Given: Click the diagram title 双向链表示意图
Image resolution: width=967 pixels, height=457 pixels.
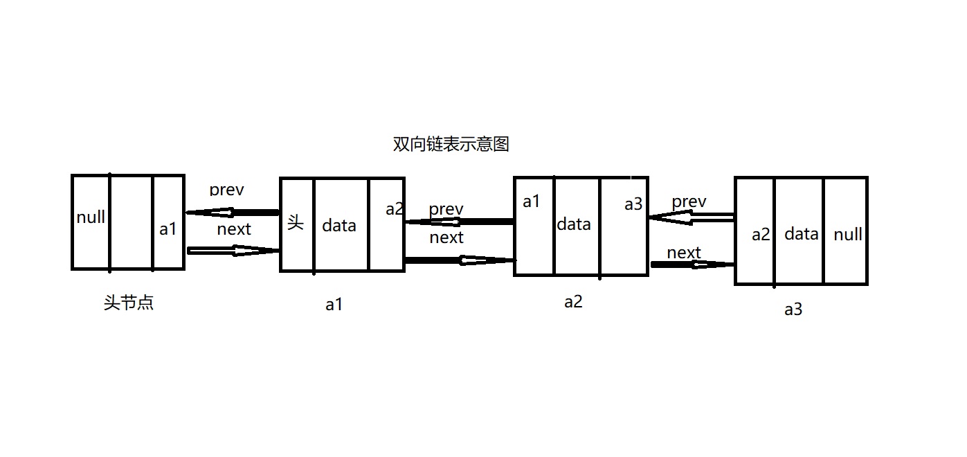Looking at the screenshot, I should [x=451, y=145].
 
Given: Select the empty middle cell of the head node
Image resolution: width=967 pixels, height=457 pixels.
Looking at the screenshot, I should [x=131, y=222].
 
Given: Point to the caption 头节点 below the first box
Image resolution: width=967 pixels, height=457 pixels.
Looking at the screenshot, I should [x=129, y=303].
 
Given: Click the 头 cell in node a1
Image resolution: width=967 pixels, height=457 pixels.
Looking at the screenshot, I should [x=296, y=224].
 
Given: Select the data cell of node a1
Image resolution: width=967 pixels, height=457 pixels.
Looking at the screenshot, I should [x=339, y=225].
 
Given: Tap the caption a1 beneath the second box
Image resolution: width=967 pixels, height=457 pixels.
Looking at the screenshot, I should [x=334, y=305].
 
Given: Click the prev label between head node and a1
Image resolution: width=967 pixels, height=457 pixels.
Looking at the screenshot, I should [x=227, y=190].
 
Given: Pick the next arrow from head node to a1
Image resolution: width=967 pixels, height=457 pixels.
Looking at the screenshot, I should [x=233, y=251].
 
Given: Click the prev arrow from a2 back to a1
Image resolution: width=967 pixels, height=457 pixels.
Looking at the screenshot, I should [x=459, y=222].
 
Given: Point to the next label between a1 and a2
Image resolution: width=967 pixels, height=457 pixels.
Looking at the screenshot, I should [x=446, y=238].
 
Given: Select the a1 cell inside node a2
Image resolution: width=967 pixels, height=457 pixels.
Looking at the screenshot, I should [x=532, y=201].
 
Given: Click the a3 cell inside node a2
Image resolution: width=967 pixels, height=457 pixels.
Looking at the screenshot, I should [x=633, y=204].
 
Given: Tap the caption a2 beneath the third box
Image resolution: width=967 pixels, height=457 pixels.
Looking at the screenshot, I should [x=573, y=302].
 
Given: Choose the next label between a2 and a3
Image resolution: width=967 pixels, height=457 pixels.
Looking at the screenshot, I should [x=684, y=253].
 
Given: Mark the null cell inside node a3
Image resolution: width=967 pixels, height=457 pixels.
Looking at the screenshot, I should [x=847, y=235].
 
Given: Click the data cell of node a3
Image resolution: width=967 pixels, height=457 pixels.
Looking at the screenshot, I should [x=802, y=234].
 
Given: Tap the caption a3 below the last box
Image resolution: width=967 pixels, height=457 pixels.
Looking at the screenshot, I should [x=793, y=310].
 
